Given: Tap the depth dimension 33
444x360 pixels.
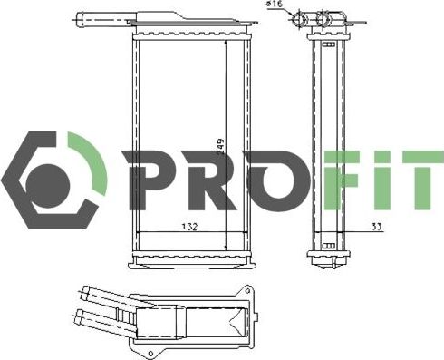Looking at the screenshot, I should click(375, 226).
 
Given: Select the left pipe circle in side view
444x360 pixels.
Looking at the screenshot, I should click(304, 19).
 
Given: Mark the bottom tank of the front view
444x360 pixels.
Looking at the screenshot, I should click(190, 260).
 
